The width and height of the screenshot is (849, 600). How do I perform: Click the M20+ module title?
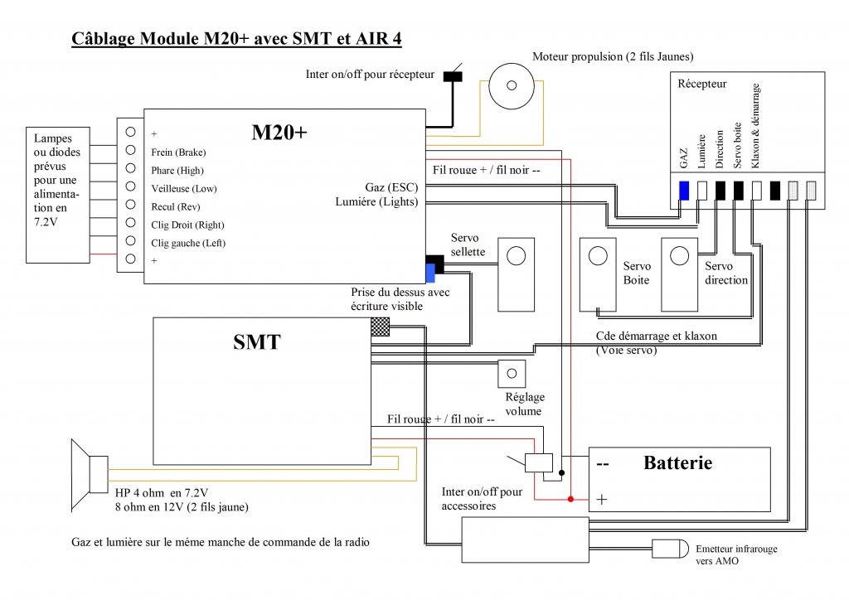pos(279,132)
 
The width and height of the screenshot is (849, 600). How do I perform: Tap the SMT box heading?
pos(257,342)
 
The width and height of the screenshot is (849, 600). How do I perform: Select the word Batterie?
pos(678,462)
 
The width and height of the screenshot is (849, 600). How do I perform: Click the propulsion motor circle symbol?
pos(511,85)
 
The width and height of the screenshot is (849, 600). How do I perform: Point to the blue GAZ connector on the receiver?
pos(684,191)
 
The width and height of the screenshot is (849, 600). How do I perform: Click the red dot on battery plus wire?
pos(570,499)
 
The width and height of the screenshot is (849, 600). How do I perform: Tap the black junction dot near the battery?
pos(561,473)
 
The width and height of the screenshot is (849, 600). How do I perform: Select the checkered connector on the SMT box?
pos(380,327)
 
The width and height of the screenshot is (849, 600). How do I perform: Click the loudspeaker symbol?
pos(90,475)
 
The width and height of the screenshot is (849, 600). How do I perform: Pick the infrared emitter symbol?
pos(670,549)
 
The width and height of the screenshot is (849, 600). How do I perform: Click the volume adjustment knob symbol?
pos(512,373)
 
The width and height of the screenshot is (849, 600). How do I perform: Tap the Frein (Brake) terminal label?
pos(179,152)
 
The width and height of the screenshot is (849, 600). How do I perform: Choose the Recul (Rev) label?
pos(176,206)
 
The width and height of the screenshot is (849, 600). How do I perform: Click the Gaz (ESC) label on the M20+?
pos(391,187)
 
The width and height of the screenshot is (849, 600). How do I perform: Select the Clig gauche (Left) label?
pos(188,243)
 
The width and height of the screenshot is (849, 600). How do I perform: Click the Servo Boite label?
pos(637,273)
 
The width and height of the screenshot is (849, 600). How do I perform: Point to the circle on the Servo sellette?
pos(516,256)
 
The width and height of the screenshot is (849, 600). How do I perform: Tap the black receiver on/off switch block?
pos(453,76)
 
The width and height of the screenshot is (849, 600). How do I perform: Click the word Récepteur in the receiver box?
pos(701,84)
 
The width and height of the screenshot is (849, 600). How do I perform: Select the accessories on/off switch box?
pos(539,462)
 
